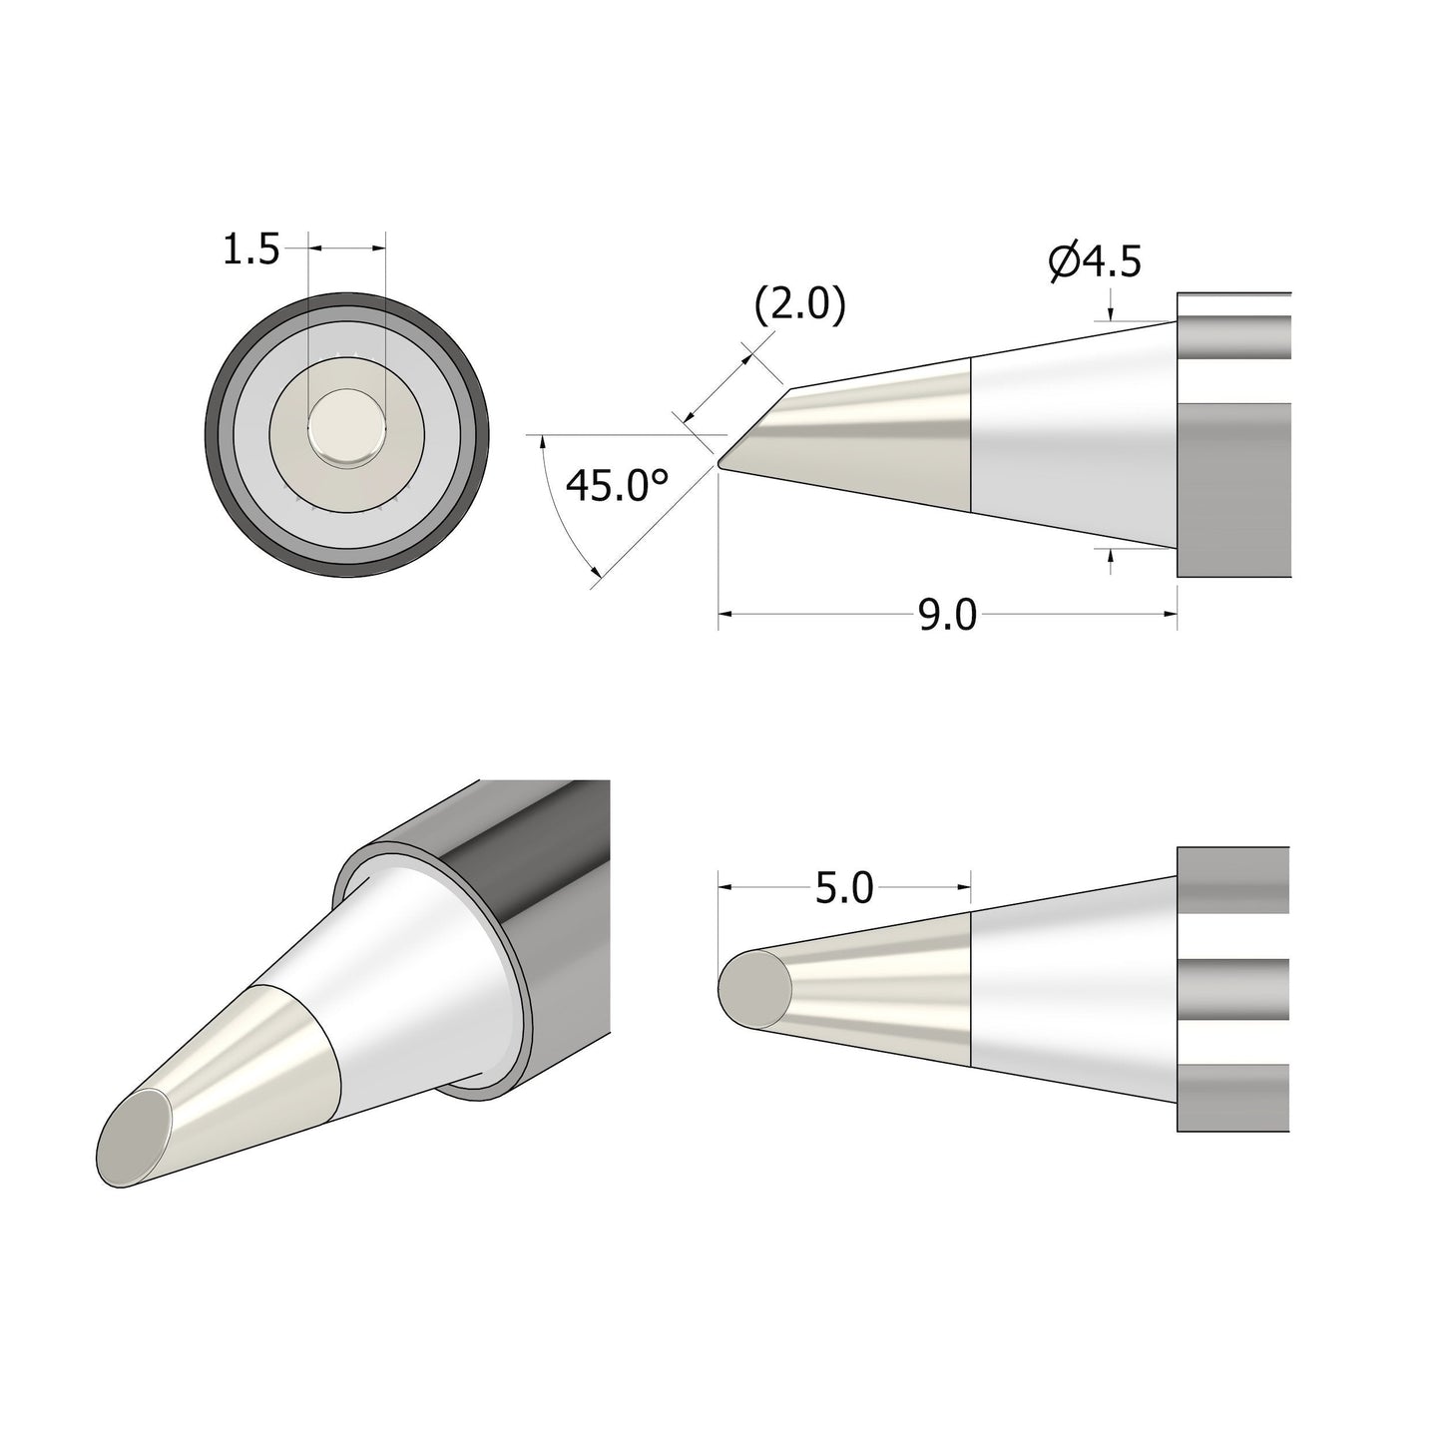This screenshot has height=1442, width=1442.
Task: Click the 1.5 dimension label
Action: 250,249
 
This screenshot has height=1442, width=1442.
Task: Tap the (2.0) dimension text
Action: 799,306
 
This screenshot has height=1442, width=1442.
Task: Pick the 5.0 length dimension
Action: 843,887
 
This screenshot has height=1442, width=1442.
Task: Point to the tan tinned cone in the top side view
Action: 878,439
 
